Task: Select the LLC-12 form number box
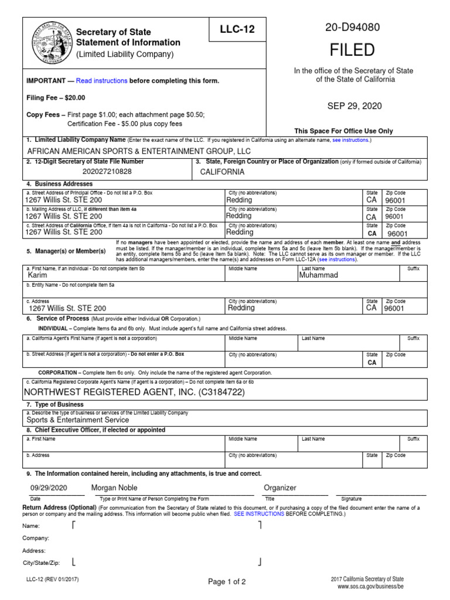click(x=237, y=29)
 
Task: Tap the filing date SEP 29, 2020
click(x=355, y=105)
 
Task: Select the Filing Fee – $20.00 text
click(x=56, y=98)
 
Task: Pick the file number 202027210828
click(x=107, y=172)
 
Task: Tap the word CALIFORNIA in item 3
click(x=222, y=172)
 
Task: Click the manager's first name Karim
click(x=37, y=275)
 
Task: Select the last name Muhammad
click(x=319, y=275)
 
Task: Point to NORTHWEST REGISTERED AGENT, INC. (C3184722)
click(x=134, y=392)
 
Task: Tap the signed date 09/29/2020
click(x=49, y=488)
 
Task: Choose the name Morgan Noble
click(x=114, y=487)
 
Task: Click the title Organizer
click(x=280, y=487)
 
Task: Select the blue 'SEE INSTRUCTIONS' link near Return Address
click(x=259, y=513)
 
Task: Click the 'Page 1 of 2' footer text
click(x=227, y=582)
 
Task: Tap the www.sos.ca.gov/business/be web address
click(x=370, y=586)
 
